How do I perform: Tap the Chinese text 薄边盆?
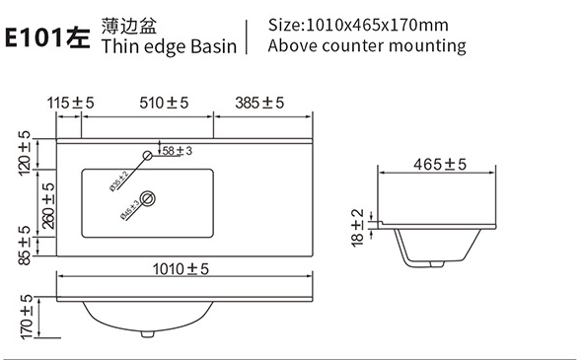[x=128, y=26]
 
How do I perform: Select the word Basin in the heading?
[x=213, y=47]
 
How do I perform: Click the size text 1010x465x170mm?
[x=377, y=26]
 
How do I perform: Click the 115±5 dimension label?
[x=70, y=103]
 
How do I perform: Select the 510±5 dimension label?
[x=164, y=103]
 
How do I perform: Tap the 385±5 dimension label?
[x=259, y=103]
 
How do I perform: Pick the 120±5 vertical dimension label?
[x=24, y=153]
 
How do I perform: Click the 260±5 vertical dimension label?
[x=48, y=206]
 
